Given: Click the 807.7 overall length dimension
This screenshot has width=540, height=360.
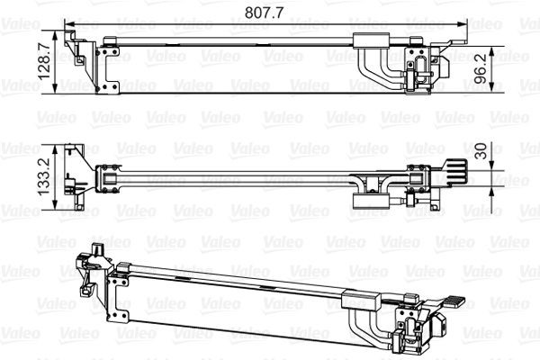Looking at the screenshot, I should (264, 12).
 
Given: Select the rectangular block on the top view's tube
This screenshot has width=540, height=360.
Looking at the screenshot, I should (371, 40).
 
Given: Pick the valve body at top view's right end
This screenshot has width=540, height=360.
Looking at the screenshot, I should (418, 70).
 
